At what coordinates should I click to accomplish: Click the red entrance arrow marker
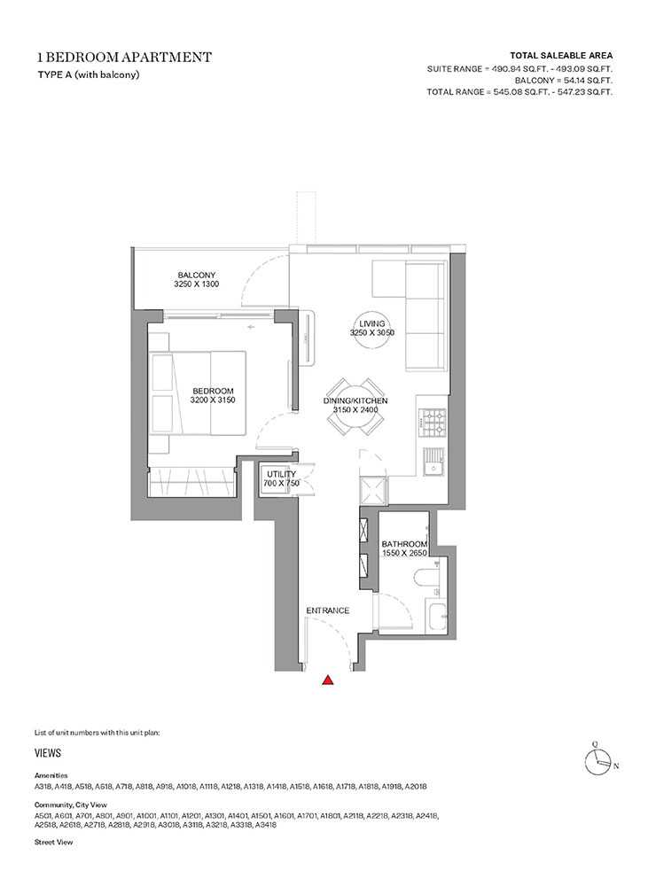[x=327, y=680]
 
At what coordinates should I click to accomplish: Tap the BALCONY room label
[x=196, y=276]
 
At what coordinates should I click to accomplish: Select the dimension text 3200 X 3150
[x=213, y=400]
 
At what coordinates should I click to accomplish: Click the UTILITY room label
[x=281, y=474]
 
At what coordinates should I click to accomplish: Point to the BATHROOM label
[x=404, y=544]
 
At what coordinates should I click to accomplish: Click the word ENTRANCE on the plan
[x=327, y=610]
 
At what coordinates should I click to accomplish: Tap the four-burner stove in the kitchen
[x=433, y=424]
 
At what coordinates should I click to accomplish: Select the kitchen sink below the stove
[x=434, y=462]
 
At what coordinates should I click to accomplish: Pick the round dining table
[x=355, y=407]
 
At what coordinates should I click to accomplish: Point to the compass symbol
[x=599, y=761]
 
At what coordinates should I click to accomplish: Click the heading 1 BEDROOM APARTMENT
[x=124, y=57]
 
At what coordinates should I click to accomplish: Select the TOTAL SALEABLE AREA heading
[x=561, y=55]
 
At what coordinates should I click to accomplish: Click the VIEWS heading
[x=48, y=752]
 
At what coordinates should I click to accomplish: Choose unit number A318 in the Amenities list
[x=43, y=786]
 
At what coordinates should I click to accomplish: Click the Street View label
[x=54, y=842]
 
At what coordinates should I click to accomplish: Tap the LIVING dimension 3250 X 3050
[x=372, y=333]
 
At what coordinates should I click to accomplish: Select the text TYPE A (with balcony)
[x=89, y=74]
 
